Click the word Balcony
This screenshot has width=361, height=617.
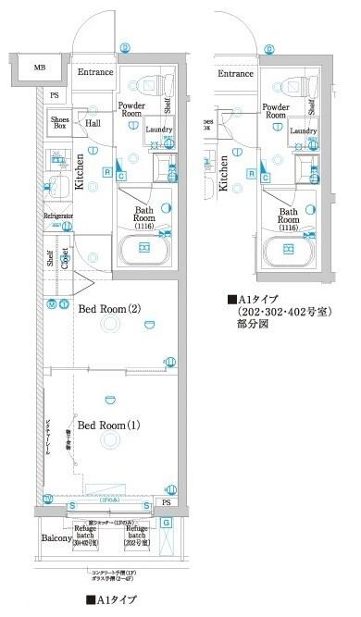(57, 537)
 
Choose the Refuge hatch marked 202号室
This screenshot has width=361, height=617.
(137, 537)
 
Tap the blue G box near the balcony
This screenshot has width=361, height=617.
(166, 524)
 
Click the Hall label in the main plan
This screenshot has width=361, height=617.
(93, 122)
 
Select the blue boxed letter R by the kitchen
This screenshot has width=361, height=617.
(107, 172)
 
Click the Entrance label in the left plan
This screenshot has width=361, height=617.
(94, 72)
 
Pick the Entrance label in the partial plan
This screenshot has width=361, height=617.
(235, 73)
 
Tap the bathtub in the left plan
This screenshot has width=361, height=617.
(144, 251)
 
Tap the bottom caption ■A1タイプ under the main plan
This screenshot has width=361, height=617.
(111, 600)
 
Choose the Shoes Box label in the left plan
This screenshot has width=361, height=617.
(60, 122)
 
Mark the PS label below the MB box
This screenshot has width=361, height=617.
(55, 95)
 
